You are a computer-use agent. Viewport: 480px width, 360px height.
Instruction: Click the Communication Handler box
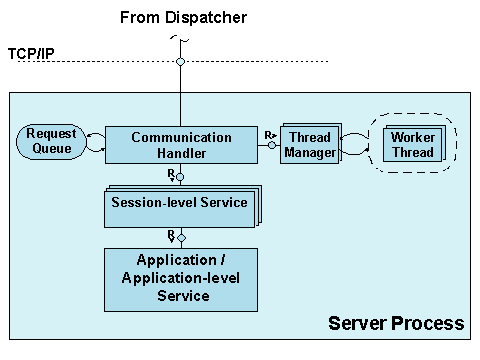(181, 145)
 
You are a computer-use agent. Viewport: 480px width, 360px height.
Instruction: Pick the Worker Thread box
(411, 144)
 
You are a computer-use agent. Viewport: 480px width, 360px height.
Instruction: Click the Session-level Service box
(181, 204)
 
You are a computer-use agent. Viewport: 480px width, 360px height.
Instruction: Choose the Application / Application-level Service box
(181, 279)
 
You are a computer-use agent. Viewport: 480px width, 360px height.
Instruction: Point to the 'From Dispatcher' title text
(182, 18)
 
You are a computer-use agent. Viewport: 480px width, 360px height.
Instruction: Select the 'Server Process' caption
(396, 323)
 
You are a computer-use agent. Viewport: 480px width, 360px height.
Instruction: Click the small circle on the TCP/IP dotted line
(181, 62)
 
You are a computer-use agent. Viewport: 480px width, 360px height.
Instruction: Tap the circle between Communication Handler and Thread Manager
(271, 145)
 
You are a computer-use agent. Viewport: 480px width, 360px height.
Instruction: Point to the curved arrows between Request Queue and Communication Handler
(95, 144)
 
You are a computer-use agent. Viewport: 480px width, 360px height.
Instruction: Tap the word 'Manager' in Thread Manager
(309, 153)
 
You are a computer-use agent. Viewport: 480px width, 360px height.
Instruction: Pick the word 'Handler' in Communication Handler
(181, 153)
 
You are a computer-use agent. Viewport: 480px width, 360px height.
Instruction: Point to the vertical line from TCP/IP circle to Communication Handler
(181, 96)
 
